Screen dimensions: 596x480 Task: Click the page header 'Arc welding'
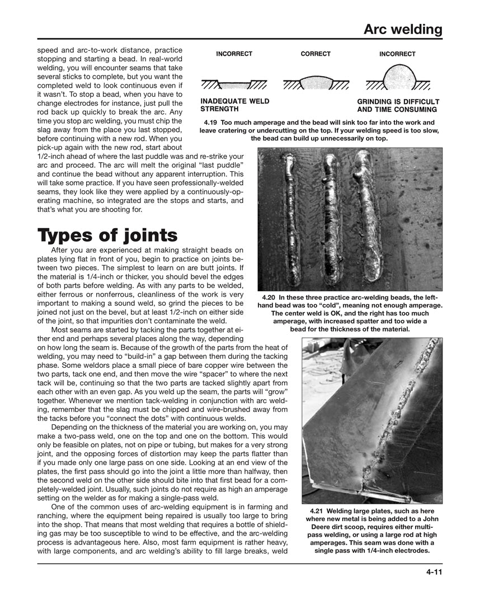(403, 29)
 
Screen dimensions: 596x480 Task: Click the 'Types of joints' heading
(107, 234)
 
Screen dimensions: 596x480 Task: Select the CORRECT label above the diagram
(316, 54)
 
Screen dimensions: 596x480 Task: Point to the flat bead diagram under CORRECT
(316, 83)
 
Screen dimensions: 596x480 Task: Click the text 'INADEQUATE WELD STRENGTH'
(234, 105)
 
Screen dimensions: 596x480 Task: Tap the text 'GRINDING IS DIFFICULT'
(398, 102)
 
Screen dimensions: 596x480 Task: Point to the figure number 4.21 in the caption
(317, 511)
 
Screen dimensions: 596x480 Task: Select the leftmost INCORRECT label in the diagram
(234, 54)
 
